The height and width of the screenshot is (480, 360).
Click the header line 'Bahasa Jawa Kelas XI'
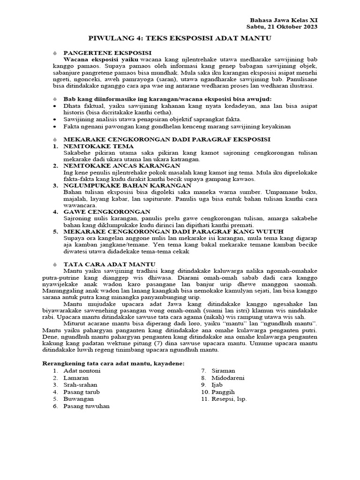point(285,20)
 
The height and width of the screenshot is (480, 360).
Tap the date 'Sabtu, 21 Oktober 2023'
point(282,27)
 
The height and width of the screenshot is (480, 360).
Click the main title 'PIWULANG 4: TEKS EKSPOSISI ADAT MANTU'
point(180,38)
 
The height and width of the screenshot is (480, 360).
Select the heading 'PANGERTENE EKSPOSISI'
point(107,53)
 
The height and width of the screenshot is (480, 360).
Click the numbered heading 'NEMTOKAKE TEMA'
point(98,146)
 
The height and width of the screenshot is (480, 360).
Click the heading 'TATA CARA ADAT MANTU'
point(109,264)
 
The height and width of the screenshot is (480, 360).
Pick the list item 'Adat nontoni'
point(82,371)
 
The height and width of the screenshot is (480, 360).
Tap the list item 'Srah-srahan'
point(81,385)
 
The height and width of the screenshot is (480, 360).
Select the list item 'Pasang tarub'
point(82,392)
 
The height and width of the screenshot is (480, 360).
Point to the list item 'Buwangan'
point(78,399)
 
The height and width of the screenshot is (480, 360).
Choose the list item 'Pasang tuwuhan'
point(86,406)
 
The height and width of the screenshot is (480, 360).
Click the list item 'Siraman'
point(223,371)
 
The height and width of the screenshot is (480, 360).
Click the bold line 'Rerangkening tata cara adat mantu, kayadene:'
point(113,363)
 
